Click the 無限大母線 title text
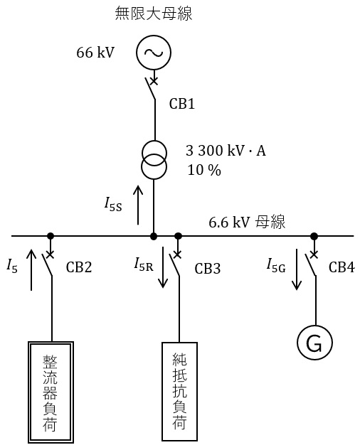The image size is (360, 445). [154, 14]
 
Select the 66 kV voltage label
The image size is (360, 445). [95, 53]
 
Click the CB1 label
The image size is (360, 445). [182, 104]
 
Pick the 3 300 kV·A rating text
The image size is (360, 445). [226, 151]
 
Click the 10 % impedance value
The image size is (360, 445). [204, 170]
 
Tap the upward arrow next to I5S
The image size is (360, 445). [138, 205]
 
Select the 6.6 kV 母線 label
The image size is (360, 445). [247, 222]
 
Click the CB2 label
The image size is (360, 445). [79, 267]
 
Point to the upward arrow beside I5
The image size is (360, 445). [31, 270]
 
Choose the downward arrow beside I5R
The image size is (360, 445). [163, 267]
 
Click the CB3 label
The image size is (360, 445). [208, 269]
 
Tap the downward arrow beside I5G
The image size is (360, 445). [297, 269]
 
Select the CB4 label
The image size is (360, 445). [342, 267]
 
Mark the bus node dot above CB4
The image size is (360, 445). [314, 236]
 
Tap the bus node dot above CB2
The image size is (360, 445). [51, 236]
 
